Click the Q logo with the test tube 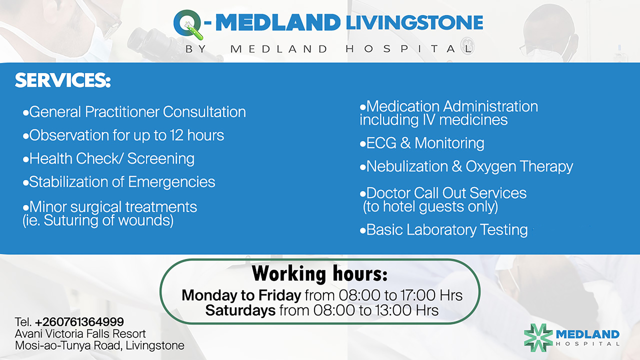(x=189, y=25)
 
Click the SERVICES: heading (x=62, y=80)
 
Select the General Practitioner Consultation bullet (x=134, y=112)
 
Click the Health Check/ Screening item (x=108, y=159)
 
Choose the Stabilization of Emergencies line (x=119, y=182)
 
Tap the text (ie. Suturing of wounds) (x=98, y=220)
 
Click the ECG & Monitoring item (x=422, y=143)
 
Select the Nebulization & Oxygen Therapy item (x=466, y=166)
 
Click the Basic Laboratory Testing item (x=443, y=230)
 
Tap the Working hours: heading (x=319, y=274)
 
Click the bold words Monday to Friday (x=241, y=295)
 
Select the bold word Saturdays (x=240, y=310)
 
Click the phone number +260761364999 (x=79, y=321)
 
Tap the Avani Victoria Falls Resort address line (x=80, y=333)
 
